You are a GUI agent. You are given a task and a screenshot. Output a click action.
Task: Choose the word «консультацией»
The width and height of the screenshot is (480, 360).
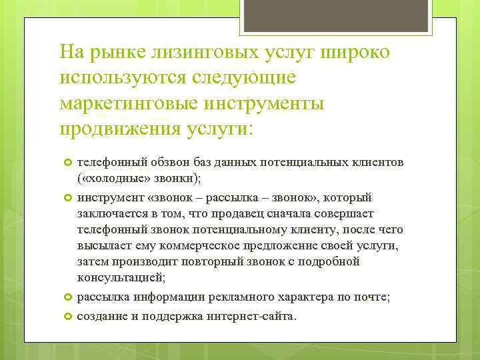[121, 277]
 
